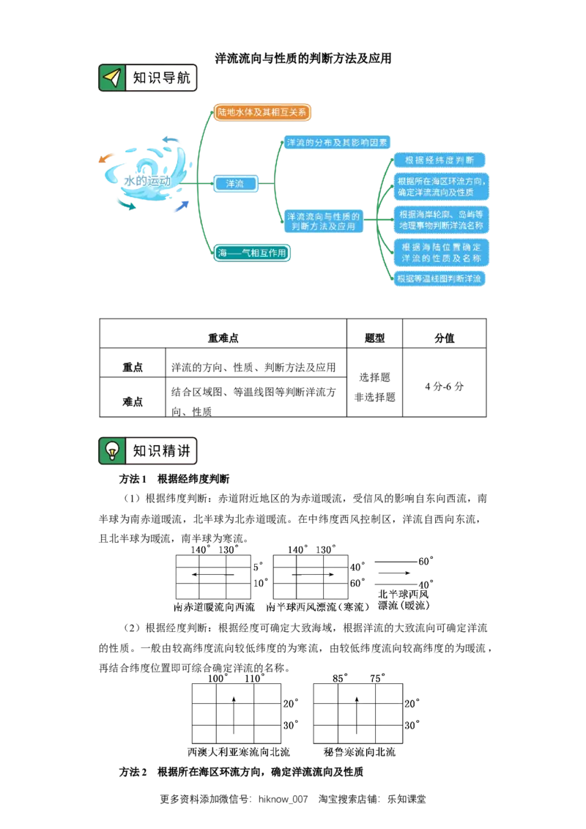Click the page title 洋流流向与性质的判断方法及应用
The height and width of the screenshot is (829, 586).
[x=303, y=58]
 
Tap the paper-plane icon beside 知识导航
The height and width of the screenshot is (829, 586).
[x=112, y=78]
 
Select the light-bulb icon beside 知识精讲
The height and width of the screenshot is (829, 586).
[x=112, y=451]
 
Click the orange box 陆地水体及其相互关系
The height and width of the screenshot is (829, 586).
[x=262, y=112]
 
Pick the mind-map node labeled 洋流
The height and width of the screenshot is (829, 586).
[x=235, y=184]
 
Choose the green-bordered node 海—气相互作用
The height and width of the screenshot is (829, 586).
[x=252, y=253]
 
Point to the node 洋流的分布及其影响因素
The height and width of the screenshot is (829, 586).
[x=337, y=142]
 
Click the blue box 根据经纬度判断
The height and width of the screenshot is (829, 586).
[x=439, y=160]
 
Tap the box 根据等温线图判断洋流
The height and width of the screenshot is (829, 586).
[x=439, y=278]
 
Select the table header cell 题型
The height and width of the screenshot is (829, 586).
[x=374, y=338]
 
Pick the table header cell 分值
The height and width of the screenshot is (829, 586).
[x=444, y=338]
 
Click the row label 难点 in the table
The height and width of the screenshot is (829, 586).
[x=133, y=401]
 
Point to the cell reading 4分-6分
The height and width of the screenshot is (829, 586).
[x=444, y=387]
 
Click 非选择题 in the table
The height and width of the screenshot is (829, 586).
[x=374, y=397]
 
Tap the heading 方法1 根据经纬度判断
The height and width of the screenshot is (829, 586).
[x=174, y=479]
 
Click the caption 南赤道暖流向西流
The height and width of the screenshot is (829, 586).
[x=214, y=607]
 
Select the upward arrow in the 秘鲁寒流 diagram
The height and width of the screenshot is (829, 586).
[x=357, y=715]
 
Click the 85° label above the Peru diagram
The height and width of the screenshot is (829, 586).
[x=340, y=678]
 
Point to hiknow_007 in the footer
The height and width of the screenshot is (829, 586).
[x=283, y=800]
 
